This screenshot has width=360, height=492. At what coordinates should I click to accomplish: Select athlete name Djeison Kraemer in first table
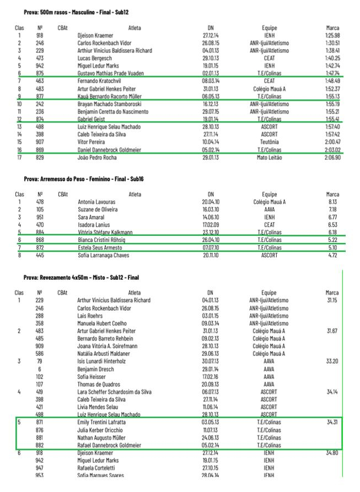(95, 35)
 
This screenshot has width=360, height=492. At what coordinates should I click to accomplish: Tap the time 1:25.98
(332, 35)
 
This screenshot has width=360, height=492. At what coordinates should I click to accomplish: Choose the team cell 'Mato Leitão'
(269, 158)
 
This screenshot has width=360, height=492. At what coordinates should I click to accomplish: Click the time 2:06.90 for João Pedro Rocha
(332, 158)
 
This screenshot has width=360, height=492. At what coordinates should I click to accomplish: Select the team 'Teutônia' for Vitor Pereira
(269, 142)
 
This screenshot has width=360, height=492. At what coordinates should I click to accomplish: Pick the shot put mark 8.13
(333, 202)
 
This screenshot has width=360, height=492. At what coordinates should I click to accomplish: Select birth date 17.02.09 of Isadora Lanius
(211, 225)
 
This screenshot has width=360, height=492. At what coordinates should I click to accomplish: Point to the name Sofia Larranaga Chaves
(104, 255)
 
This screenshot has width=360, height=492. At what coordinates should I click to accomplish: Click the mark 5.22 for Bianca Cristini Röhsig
(333, 240)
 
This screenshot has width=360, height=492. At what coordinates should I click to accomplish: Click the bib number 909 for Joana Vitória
(40, 346)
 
